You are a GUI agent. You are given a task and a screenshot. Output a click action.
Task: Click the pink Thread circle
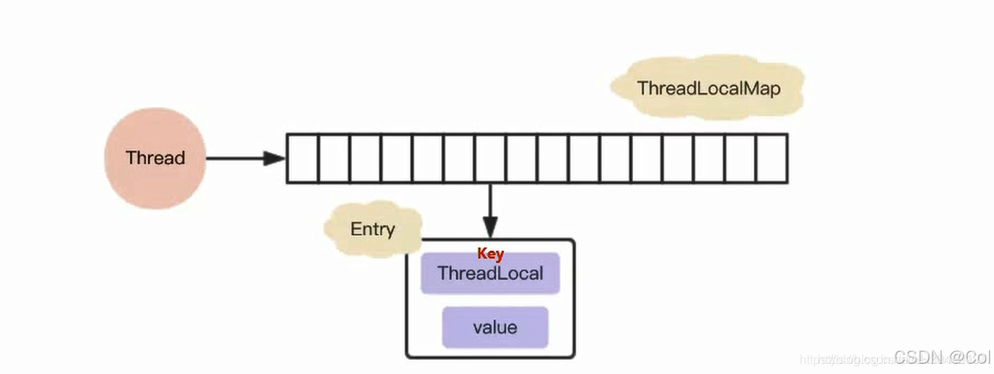(x=155, y=158)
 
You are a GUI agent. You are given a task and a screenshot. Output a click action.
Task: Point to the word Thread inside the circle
(x=155, y=158)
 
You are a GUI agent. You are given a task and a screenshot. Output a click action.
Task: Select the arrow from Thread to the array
(x=237, y=158)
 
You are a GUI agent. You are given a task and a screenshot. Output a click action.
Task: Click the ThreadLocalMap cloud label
(x=709, y=89)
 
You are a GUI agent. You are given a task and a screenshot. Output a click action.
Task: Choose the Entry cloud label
(x=372, y=230)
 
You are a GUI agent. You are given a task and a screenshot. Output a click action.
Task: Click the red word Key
(x=490, y=255)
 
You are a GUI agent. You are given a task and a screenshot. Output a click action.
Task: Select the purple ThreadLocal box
(x=489, y=274)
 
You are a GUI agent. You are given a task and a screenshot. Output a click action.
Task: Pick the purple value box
(x=495, y=327)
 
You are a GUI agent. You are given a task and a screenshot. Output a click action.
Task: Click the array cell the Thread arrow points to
(x=302, y=159)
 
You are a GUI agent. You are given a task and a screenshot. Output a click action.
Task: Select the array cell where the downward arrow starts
(x=490, y=159)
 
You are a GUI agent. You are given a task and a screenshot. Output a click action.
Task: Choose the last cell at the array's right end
(x=772, y=159)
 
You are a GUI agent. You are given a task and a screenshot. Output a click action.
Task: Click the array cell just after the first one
(x=334, y=159)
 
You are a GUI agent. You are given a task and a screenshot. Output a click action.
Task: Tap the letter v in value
(x=478, y=328)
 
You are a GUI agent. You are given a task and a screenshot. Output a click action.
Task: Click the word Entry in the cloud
(x=372, y=230)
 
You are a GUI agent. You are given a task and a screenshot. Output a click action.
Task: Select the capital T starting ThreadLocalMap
(x=642, y=89)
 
